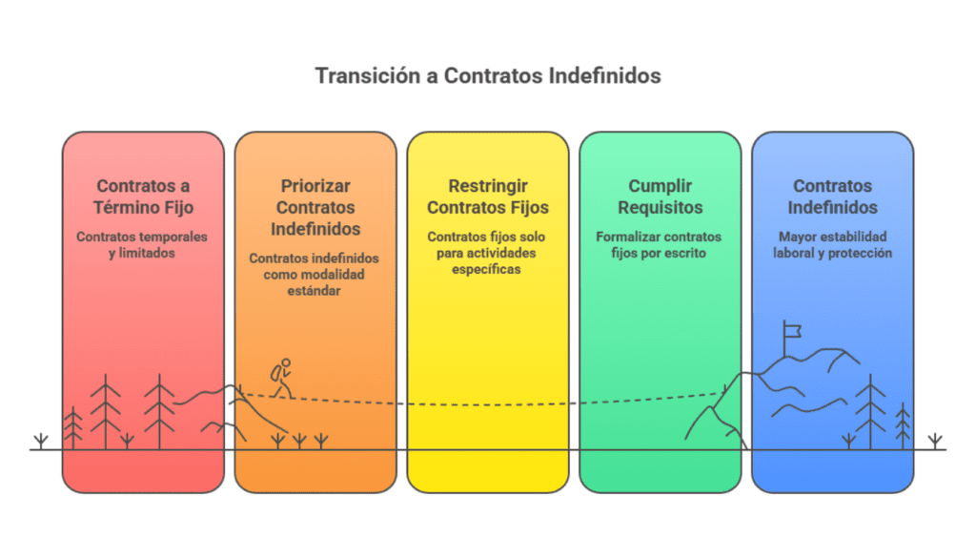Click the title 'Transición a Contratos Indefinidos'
488,75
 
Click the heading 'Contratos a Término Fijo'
143,196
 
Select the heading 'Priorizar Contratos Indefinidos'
315,207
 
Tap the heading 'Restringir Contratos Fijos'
488,196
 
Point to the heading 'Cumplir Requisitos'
660,196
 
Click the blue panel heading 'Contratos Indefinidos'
832,196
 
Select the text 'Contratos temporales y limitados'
143,244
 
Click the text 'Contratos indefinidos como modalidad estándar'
315,274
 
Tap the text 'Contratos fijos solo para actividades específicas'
488,253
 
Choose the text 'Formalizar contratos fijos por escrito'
660,244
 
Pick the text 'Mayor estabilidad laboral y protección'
832,244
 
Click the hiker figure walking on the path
280,378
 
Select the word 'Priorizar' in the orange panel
315,186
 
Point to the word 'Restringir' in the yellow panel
488,186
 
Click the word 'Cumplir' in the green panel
660,186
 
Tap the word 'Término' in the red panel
130,207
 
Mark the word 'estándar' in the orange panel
315,290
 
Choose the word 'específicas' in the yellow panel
488,269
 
